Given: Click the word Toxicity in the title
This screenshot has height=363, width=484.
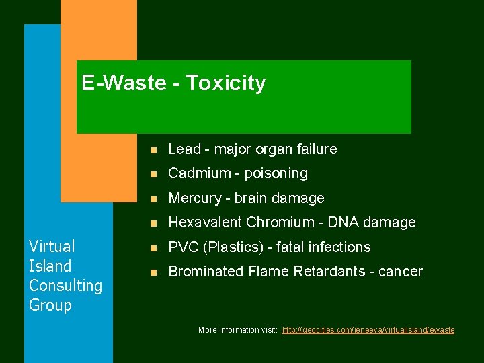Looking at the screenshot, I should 226,83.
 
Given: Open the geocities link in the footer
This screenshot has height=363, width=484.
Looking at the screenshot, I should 368,330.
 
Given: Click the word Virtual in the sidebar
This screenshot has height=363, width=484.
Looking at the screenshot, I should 52,247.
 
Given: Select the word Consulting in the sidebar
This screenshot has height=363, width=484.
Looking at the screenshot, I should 65,286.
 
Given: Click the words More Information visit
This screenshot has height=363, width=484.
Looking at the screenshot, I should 238,330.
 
